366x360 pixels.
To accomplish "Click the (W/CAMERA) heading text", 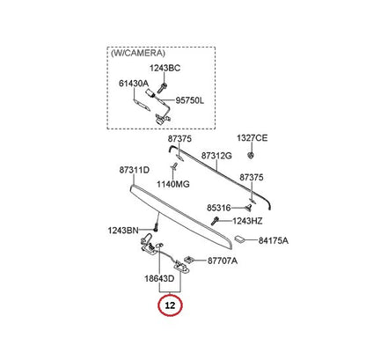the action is point(138,53).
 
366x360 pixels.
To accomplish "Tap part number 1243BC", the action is point(165,68).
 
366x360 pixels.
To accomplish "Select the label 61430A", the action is point(134,84).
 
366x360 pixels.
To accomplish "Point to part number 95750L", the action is point(189,100).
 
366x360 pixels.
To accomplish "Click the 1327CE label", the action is point(253,138).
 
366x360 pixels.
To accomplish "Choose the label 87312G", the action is point(216,156).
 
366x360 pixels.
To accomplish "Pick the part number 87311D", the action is point(134,170).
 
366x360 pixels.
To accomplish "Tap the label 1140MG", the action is point(173,184).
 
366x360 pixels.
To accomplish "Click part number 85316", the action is point(219,208).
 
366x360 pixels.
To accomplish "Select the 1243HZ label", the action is point(247,221).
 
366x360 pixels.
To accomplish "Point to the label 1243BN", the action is point(123,231).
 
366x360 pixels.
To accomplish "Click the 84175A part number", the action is point(274,240).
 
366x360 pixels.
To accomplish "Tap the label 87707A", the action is point(223,261).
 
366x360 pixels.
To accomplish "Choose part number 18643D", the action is point(159,278).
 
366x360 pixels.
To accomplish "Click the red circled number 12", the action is point(170,305).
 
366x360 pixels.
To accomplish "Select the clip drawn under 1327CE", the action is point(251,155).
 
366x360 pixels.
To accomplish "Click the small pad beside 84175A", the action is point(240,239).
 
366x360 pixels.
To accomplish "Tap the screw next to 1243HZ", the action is point(215,221).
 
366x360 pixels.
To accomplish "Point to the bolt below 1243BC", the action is point(163,87).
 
